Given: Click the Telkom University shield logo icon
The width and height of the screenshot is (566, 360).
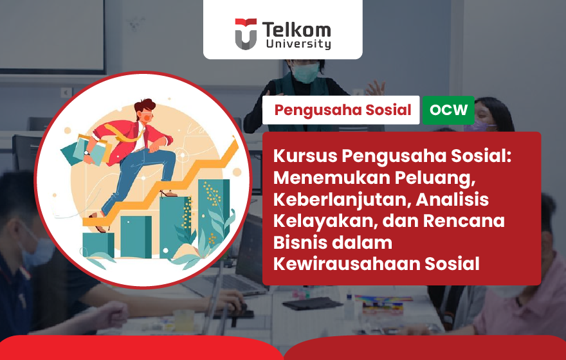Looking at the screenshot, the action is pos(246,34).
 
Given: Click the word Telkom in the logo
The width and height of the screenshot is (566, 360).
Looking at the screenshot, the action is pos(297,30).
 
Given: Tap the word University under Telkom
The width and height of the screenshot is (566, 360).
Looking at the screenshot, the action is pos(298,44).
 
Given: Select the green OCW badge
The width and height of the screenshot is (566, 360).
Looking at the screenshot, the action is pos(448,110).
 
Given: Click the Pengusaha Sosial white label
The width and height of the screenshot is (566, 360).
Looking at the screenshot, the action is pos(341,110).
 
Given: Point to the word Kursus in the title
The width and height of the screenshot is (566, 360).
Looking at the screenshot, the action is pos(305,156).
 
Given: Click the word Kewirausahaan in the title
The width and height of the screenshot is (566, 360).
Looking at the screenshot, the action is pos(346,264).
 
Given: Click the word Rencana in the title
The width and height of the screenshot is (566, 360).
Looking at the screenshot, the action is pos(464,221).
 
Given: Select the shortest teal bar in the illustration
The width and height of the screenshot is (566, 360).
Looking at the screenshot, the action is pos(98,245).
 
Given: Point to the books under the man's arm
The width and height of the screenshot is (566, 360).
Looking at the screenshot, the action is pos(89,150).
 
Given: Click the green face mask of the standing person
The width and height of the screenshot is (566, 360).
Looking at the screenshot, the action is pos(306,72).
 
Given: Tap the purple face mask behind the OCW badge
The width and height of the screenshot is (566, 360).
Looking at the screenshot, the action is pos(479,127).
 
